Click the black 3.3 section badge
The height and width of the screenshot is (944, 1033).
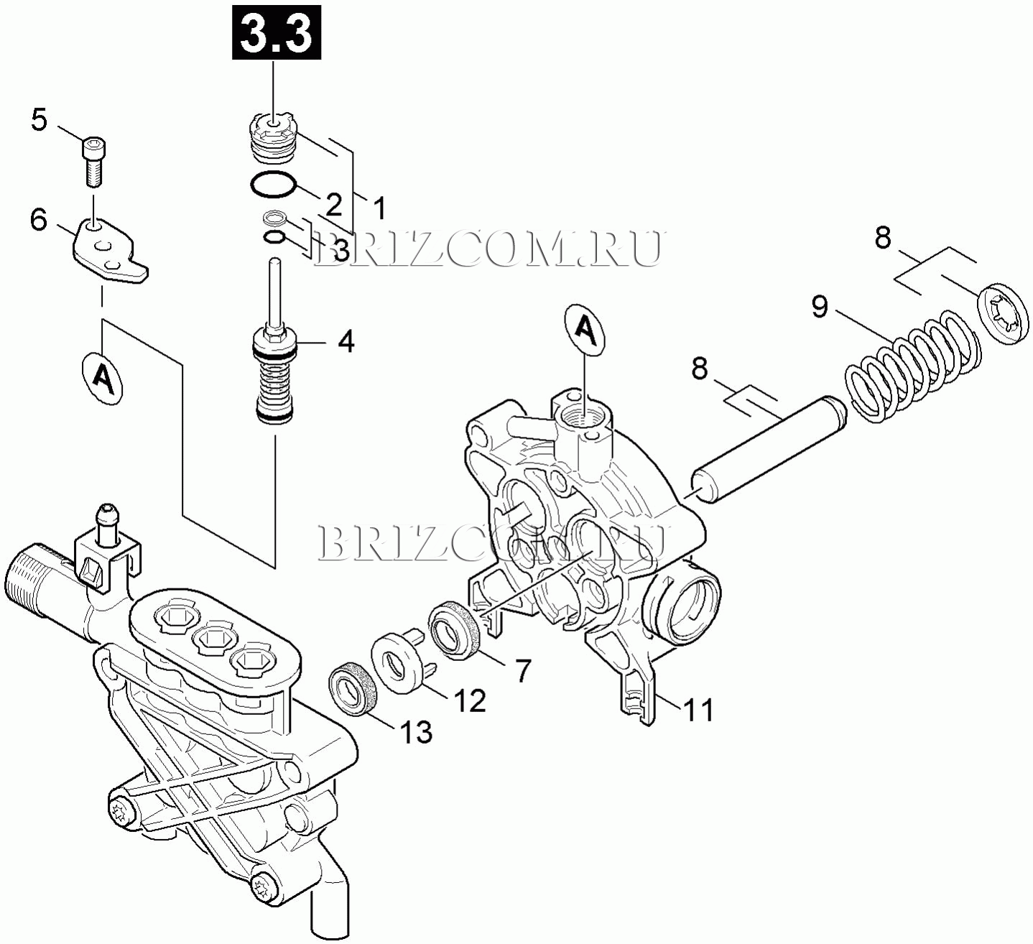click(x=277, y=32)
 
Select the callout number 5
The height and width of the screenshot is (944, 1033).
click(x=39, y=120)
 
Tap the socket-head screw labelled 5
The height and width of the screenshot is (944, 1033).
click(x=93, y=161)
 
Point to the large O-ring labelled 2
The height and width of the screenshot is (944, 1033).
click(x=274, y=184)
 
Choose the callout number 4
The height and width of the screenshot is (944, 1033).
click(x=346, y=341)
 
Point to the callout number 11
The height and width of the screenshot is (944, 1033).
click(x=698, y=710)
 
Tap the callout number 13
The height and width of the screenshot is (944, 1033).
click(x=416, y=731)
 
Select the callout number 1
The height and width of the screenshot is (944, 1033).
click(x=379, y=208)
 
